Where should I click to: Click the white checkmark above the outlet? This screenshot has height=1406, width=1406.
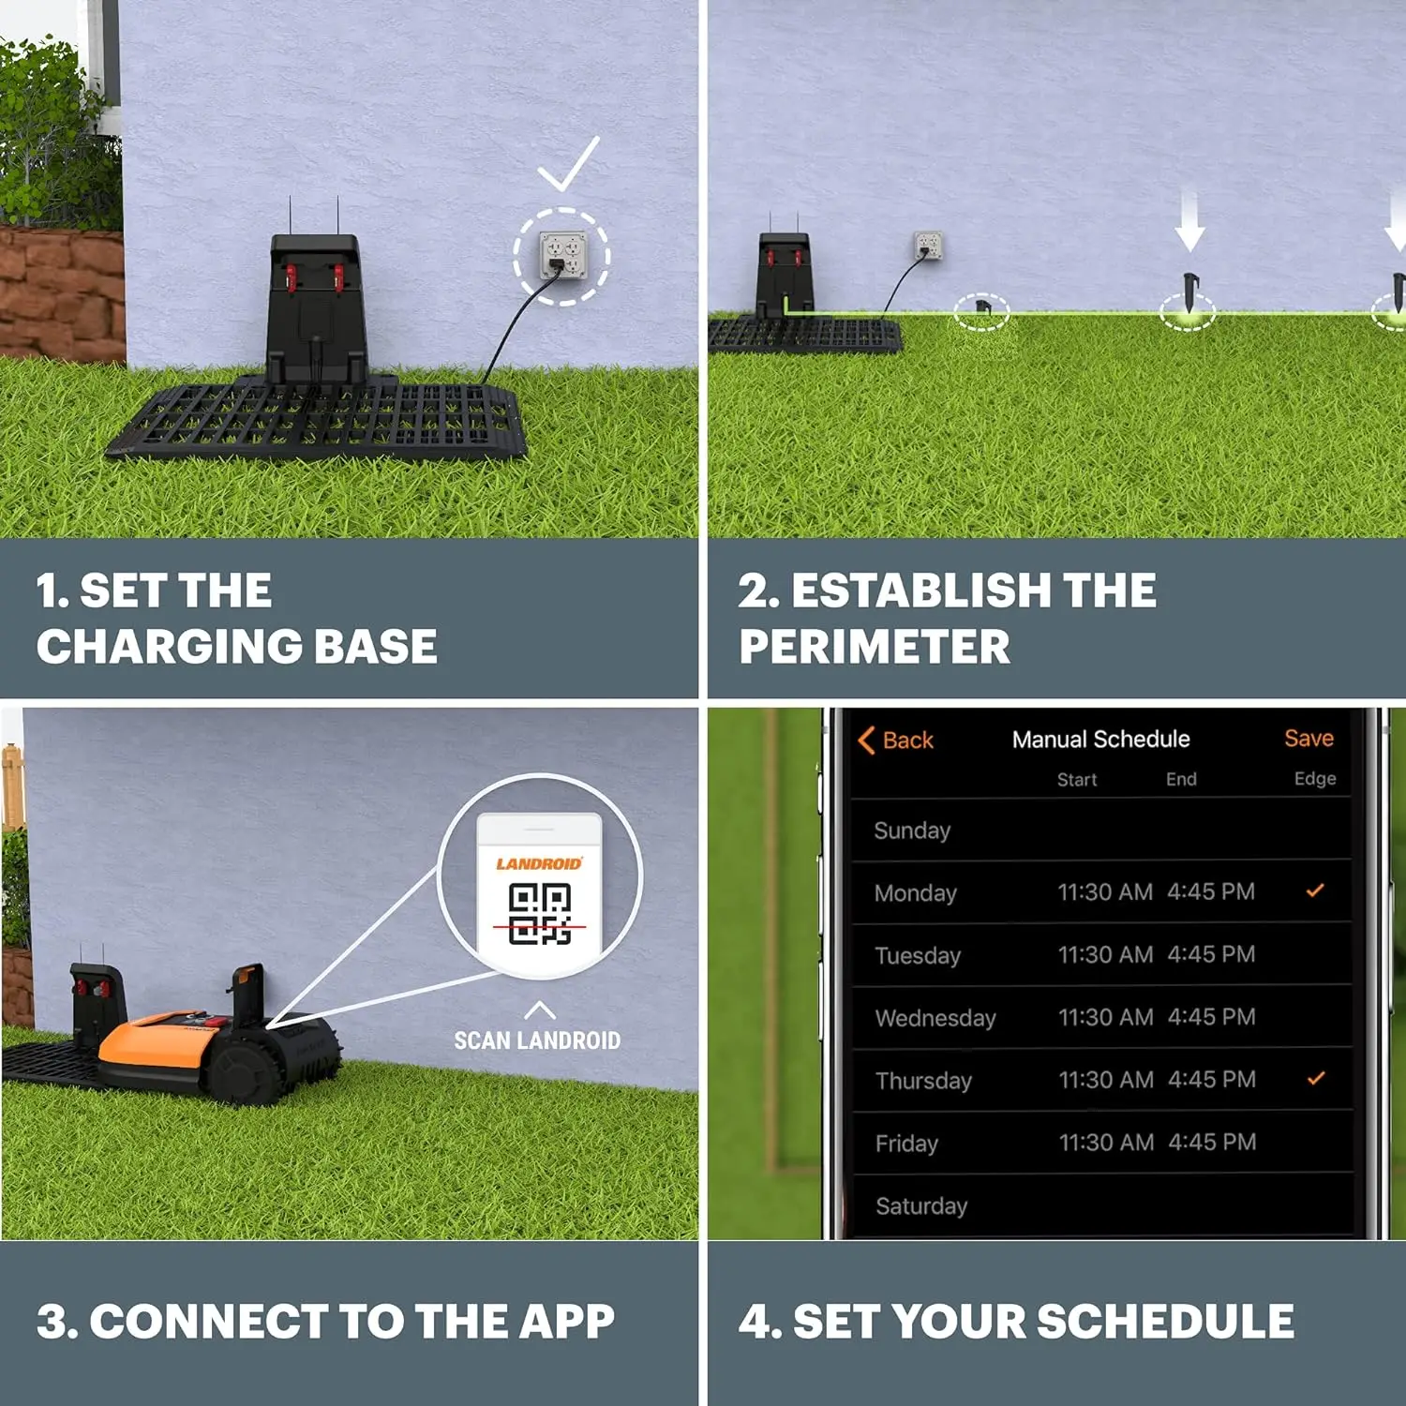[x=568, y=165]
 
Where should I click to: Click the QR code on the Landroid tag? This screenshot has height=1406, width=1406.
[x=540, y=915]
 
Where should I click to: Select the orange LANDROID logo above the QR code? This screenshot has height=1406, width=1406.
[x=539, y=863]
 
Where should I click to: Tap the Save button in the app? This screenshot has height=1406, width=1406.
[x=1309, y=739]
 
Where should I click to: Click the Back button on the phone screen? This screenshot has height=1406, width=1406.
[x=896, y=740]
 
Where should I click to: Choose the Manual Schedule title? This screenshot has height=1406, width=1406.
[x=1100, y=740]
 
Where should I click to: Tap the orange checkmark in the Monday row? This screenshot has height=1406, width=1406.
[x=1315, y=890]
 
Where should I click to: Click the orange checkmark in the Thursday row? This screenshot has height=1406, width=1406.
[x=1316, y=1079]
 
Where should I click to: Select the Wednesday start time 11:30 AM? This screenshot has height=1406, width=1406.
[x=1105, y=1017]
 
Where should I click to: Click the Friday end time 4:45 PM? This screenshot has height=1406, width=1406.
[x=1212, y=1143]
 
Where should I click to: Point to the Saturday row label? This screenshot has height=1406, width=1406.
[x=920, y=1206]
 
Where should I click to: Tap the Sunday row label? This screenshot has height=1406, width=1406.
[x=912, y=830]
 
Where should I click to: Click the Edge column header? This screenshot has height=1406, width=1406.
[x=1315, y=779]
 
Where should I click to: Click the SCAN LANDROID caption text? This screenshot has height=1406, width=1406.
[x=537, y=1040]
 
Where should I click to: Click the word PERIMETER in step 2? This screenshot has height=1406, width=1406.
[x=875, y=647]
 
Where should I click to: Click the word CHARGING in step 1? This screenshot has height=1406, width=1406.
[x=169, y=647]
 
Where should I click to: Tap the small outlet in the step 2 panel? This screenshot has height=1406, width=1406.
[x=928, y=246]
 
